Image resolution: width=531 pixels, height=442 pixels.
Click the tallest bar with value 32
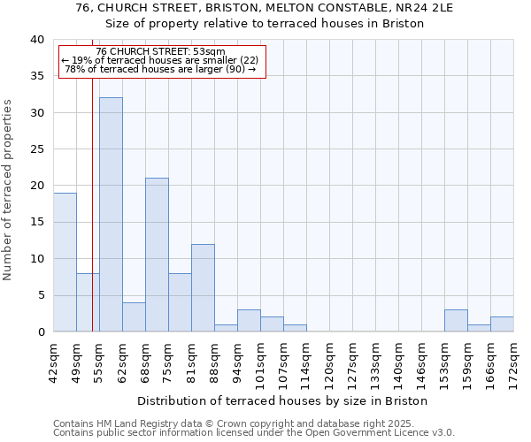point(111,215)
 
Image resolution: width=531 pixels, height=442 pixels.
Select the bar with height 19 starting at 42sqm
point(65,263)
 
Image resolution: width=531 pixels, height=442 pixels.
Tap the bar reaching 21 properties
point(157,255)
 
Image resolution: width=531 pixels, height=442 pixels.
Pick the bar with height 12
point(203,287)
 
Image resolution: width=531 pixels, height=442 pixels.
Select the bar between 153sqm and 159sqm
point(456,321)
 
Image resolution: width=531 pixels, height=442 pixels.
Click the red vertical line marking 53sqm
point(92,221)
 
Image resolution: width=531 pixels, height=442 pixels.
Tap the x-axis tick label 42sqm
point(54,359)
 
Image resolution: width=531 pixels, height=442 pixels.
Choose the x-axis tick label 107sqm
point(284,362)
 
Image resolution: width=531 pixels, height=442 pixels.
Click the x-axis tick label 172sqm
point(514,362)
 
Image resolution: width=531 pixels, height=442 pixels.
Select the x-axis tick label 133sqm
point(376,362)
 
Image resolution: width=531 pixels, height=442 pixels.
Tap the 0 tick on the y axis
point(41,332)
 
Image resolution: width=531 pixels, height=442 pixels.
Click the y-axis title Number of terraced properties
point(8,190)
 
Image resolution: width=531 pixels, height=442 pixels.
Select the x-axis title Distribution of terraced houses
point(283,400)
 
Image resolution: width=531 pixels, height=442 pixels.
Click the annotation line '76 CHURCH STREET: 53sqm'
point(161,52)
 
